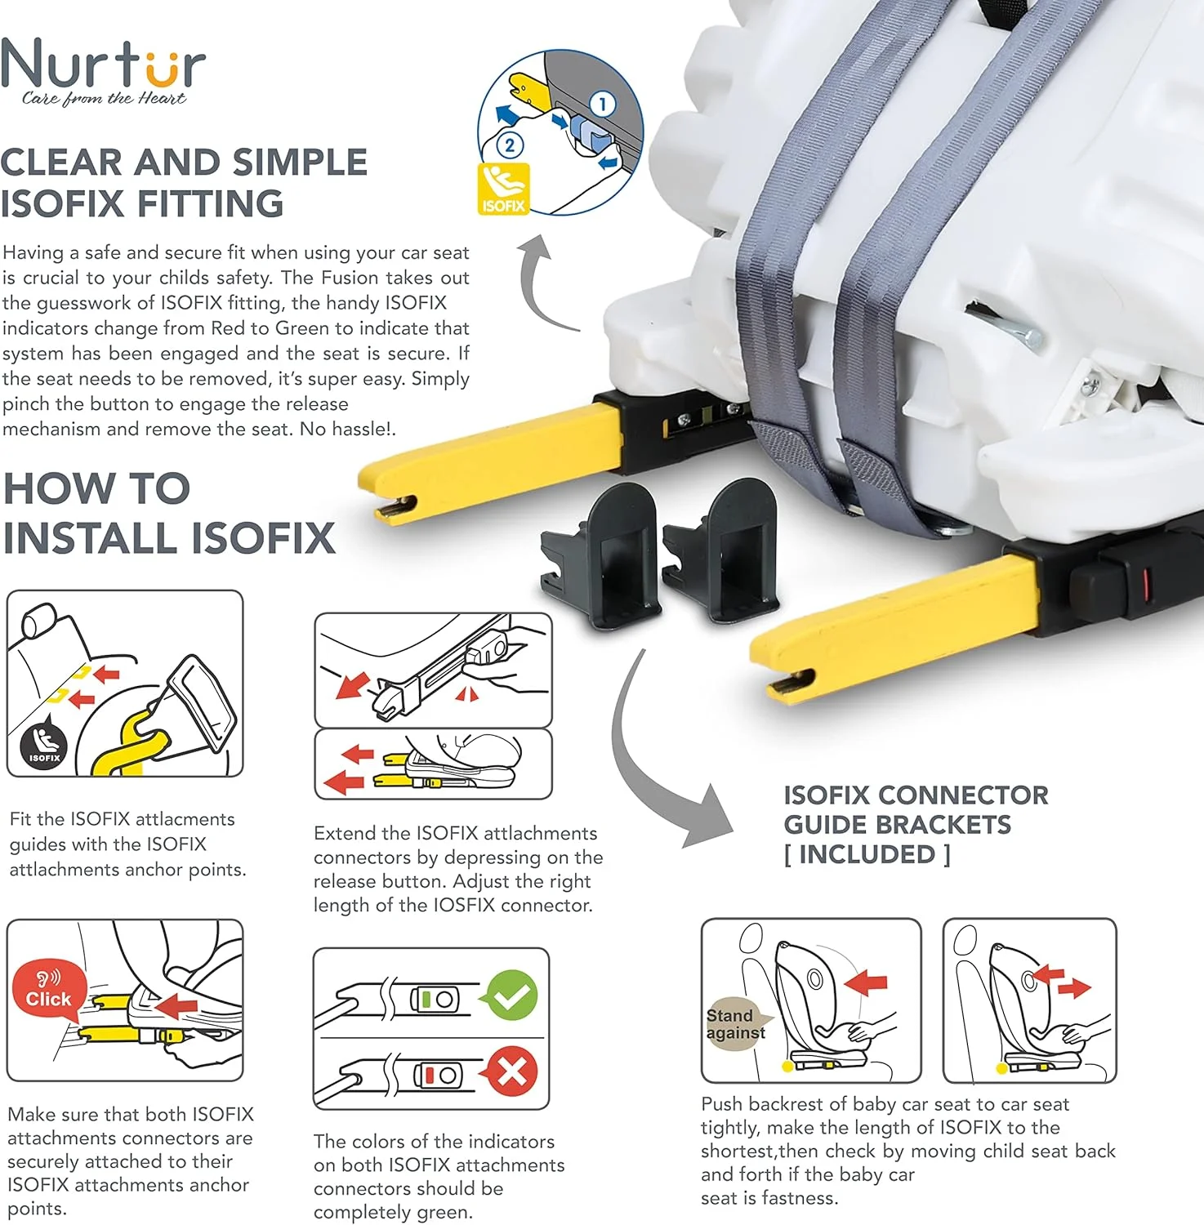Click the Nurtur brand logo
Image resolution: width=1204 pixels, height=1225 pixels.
103,72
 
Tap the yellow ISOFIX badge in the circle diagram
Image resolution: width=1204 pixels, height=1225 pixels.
503,189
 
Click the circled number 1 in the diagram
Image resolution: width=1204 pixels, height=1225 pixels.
603,105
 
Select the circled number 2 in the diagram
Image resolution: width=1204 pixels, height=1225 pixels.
510,145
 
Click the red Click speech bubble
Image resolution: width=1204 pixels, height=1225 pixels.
49,990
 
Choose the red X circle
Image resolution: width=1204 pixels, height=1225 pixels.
512,1071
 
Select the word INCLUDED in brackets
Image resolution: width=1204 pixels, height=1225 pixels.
867,854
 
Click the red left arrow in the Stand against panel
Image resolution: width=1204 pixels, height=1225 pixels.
866,982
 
